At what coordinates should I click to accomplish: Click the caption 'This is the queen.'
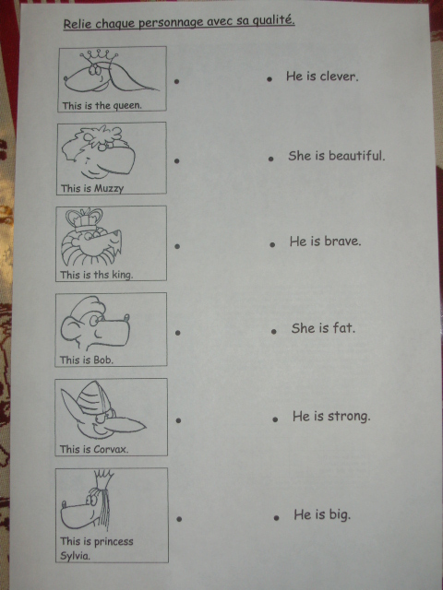(x=102, y=106)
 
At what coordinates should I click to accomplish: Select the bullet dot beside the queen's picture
(x=176, y=81)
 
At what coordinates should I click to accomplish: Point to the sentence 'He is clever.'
(x=322, y=77)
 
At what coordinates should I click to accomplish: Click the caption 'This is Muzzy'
(x=92, y=188)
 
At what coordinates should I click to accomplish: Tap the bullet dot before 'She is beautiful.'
(x=270, y=159)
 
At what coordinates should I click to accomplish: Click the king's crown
(x=84, y=219)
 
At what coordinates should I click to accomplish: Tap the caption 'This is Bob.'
(x=87, y=360)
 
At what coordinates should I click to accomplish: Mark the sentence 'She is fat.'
(x=323, y=328)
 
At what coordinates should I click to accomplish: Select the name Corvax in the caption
(x=111, y=449)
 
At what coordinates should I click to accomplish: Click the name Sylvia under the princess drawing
(x=76, y=556)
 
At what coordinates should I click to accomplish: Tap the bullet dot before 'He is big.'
(x=277, y=518)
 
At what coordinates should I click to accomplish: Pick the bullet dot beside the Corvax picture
(x=178, y=420)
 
